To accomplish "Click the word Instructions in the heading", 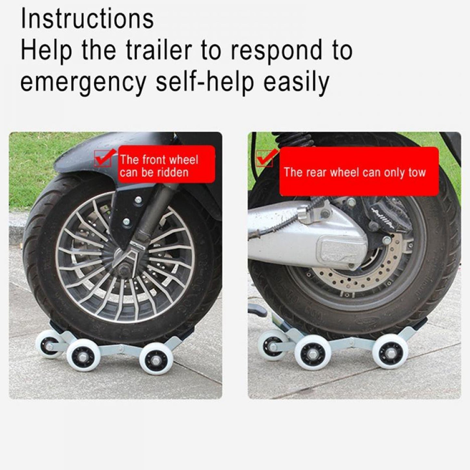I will point(87,19).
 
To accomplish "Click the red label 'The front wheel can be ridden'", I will point(166,164).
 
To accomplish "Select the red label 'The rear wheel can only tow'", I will point(358,172).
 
